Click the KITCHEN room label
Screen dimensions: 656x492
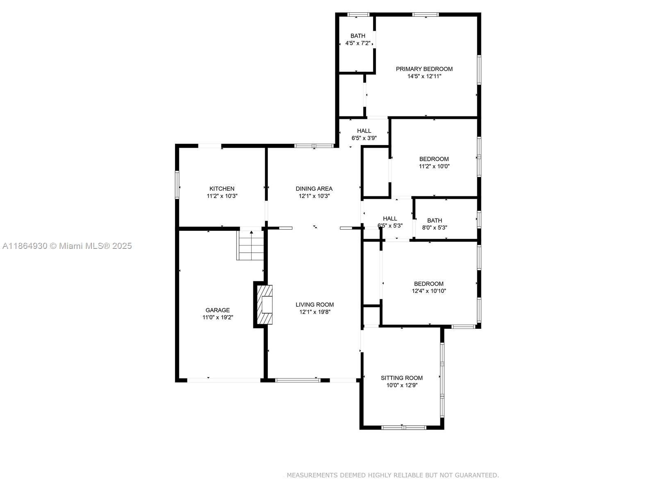(222, 189)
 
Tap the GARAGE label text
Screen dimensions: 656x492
(218, 310)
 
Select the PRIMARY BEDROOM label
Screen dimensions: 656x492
(424, 69)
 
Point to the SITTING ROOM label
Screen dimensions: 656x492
(402, 378)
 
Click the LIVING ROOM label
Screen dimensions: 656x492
(315, 305)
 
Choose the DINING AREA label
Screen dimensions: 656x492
(314, 189)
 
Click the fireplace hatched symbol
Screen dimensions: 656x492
(265, 305)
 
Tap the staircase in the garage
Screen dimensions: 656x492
(251, 245)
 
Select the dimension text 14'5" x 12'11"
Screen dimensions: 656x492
(424, 76)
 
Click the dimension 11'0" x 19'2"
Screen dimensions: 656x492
(218, 317)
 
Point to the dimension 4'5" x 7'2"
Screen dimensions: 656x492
(358, 43)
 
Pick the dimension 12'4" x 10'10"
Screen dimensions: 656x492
(429, 291)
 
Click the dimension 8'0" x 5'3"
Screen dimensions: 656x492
(435, 228)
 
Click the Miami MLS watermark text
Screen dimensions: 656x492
(67, 246)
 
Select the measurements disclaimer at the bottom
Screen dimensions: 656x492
(393, 475)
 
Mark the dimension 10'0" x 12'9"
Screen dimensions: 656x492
(402, 385)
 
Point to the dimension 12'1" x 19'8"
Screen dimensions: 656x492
(315, 312)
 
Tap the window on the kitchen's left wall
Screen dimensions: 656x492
(177, 185)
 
